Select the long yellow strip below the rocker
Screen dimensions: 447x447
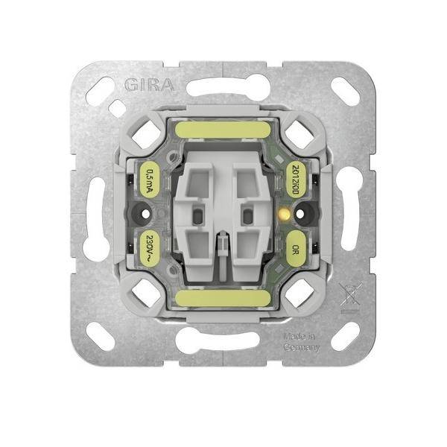point(223,302)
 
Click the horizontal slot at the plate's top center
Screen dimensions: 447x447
point(223,87)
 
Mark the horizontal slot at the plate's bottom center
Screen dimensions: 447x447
point(223,340)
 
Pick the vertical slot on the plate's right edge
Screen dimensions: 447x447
point(350,216)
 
